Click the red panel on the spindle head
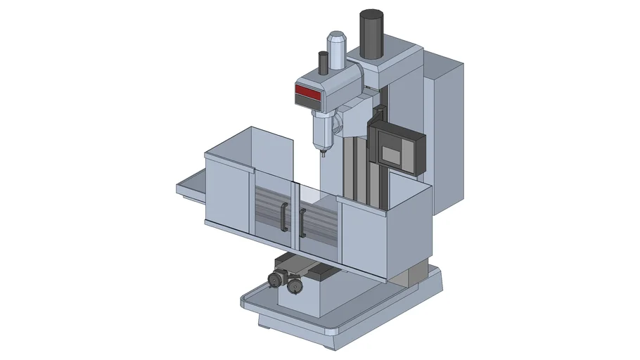(307, 91)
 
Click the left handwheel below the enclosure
(273, 281)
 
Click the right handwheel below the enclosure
(293, 287)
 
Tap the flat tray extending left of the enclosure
(190, 188)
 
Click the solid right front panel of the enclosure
(361, 236)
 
